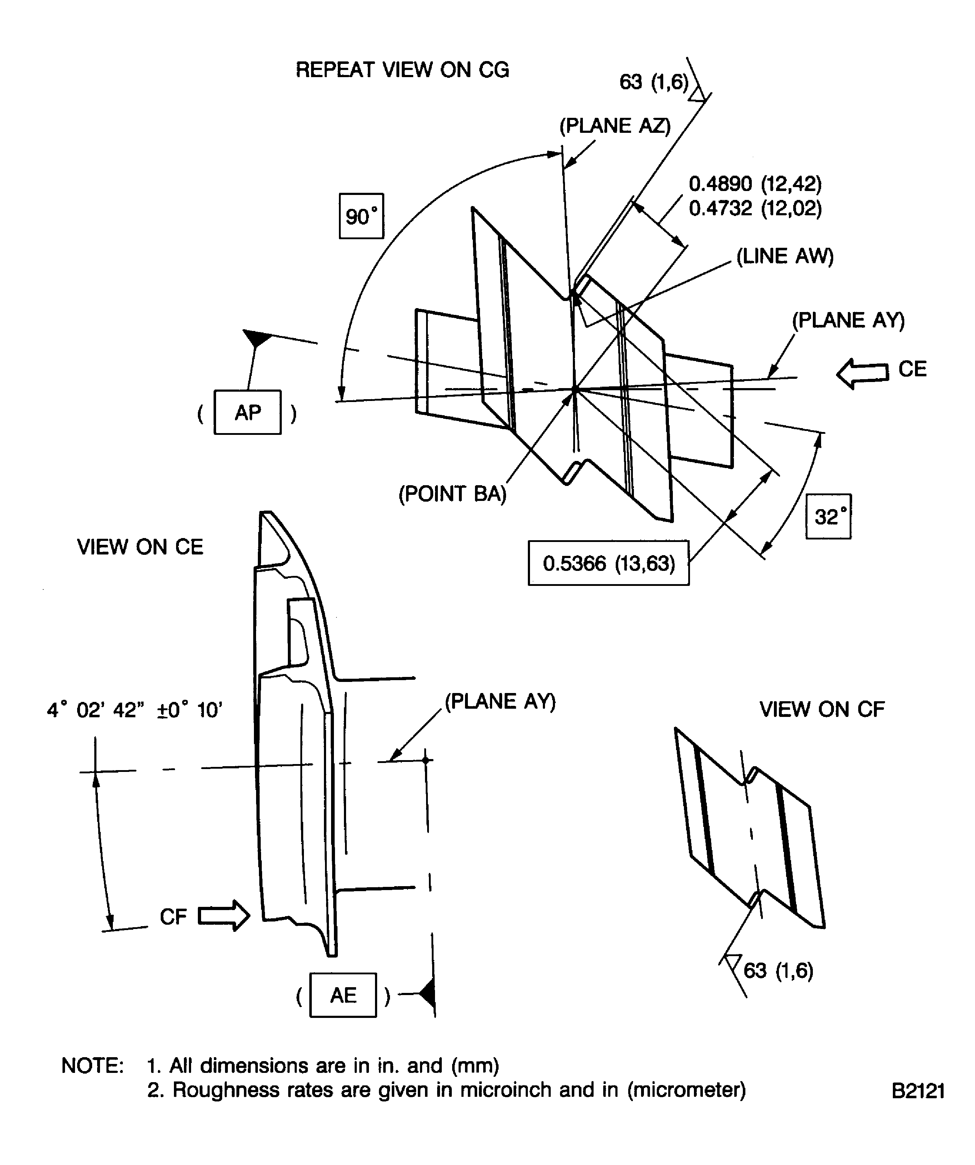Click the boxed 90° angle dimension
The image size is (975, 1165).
361,216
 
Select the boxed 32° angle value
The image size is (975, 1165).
828,517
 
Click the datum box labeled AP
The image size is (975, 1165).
247,412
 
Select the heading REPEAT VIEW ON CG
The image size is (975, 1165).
402,70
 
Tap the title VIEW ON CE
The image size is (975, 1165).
140,547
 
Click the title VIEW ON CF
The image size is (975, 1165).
821,709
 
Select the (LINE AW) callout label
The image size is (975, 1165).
785,256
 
